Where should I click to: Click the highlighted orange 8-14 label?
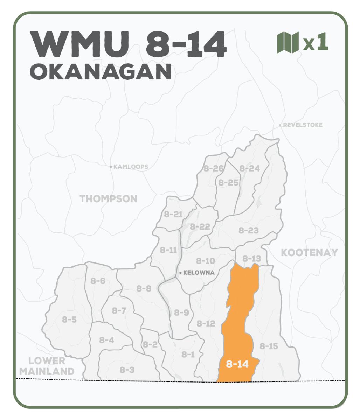tap(237, 364)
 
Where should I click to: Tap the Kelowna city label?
tap(199, 273)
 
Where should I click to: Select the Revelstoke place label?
tap(303, 125)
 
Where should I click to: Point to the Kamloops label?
tap(131, 167)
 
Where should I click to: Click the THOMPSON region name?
tap(109, 199)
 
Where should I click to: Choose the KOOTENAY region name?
tap(310, 252)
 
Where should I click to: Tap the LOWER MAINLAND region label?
tap(47, 366)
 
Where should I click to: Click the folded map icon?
tap(288, 42)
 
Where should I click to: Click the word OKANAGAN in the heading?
tap(101, 72)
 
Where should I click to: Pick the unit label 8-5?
tap(69, 319)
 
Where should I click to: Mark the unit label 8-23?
tap(249, 230)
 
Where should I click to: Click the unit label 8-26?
tap(214, 169)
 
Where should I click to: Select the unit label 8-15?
tap(269, 346)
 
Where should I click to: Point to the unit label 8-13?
tap(251, 259)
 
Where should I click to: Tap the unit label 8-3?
tap(127, 370)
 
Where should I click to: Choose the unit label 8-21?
tap(173, 214)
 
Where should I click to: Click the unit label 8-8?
tap(144, 288)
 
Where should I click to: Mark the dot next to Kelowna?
tap(180, 273)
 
